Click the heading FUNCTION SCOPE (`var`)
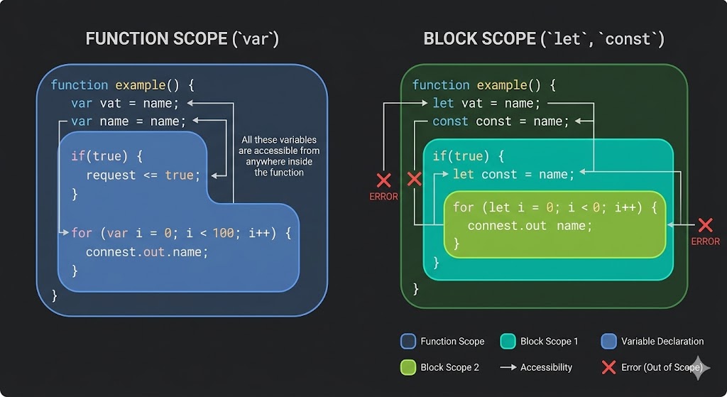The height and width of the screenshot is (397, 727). point(182,38)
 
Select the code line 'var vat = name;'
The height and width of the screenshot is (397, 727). point(125,103)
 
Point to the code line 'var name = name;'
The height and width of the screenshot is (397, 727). point(129,121)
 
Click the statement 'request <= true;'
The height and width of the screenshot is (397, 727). point(143,175)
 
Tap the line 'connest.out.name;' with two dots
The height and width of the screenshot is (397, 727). point(147,252)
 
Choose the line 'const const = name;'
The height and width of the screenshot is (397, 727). point(501,121)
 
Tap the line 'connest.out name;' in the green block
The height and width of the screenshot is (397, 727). point(530,226)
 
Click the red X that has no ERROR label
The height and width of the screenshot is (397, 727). point(414,178)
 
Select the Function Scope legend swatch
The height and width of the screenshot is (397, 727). point(408,342)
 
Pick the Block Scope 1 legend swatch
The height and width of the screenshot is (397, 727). point(507,342)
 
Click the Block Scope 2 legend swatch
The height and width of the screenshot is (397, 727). point(408,367)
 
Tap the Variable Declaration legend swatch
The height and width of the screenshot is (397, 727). point(608,342)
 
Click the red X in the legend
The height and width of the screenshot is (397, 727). point(608,367)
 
